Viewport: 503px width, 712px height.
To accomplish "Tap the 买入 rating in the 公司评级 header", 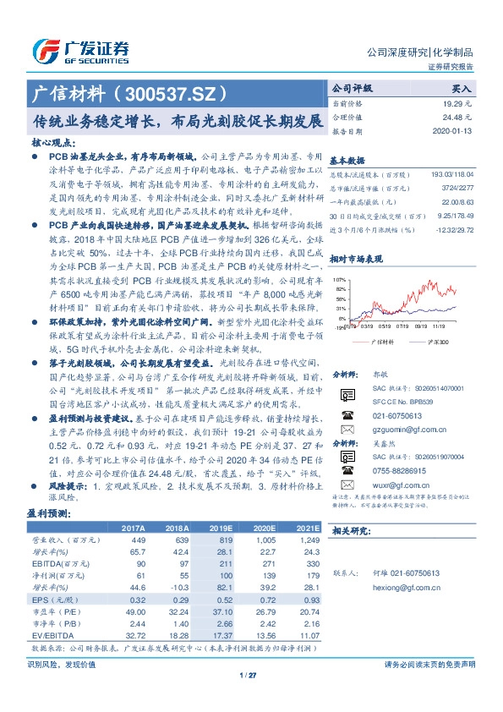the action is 462,87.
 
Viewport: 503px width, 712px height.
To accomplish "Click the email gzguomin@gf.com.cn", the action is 393,430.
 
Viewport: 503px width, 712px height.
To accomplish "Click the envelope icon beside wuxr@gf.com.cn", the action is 345,485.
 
